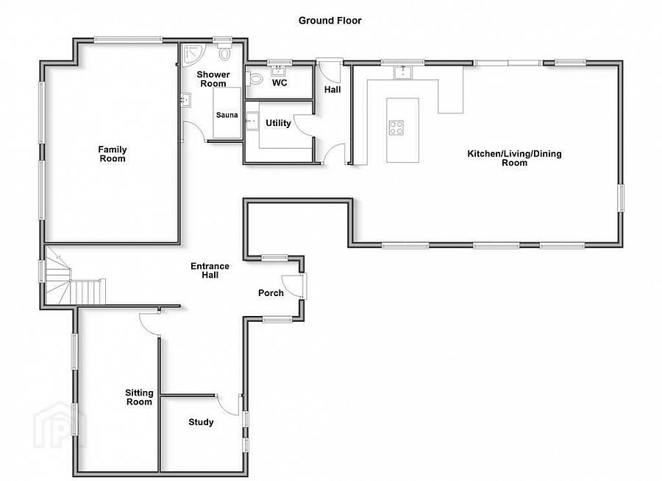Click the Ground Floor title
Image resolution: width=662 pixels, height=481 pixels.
click(x=330, y=21)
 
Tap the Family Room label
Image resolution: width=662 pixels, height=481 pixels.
click(x=112, y=154)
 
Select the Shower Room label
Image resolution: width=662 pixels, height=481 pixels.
click(x=213, y=79)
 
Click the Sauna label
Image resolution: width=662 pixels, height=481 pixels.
click(x=226, y=115)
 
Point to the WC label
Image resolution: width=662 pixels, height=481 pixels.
click(x=280, y=82)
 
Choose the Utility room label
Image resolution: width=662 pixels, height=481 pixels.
click(x=279, y=123)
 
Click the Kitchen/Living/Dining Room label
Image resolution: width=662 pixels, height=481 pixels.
click(x=514, y=158)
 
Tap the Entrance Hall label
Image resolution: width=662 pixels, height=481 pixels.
click(x=210, y=270)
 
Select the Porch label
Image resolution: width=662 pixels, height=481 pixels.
click(x=271, y=293)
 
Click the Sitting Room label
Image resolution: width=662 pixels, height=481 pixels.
click(x=138, y=398)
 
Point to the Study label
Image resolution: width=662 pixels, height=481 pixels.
click(x=201, y=422)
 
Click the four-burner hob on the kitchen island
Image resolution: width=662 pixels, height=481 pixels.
click(x=396, y=127)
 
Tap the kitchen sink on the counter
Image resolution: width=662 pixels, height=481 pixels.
click(x=402, y=71)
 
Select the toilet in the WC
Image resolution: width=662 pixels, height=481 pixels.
click(x=255, y=78)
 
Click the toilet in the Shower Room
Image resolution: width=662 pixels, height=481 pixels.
click(x=224, y=53)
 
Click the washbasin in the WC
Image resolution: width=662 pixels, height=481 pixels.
click(x=280, y=71)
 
